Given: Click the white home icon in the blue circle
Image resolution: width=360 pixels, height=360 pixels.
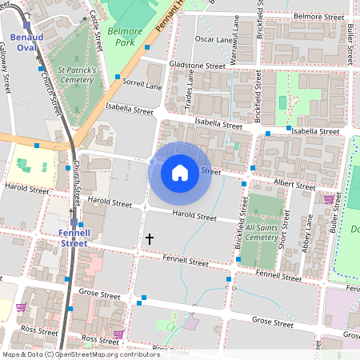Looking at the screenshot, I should click(180, 172).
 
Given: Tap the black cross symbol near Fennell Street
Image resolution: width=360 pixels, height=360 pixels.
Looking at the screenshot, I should click(149, 238).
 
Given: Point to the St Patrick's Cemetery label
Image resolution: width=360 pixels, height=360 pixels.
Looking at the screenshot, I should click(71, 75).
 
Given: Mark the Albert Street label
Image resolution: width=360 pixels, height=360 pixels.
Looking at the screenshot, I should click(294, 184).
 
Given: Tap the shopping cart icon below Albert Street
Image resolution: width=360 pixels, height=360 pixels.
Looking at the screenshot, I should click(329, 198).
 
